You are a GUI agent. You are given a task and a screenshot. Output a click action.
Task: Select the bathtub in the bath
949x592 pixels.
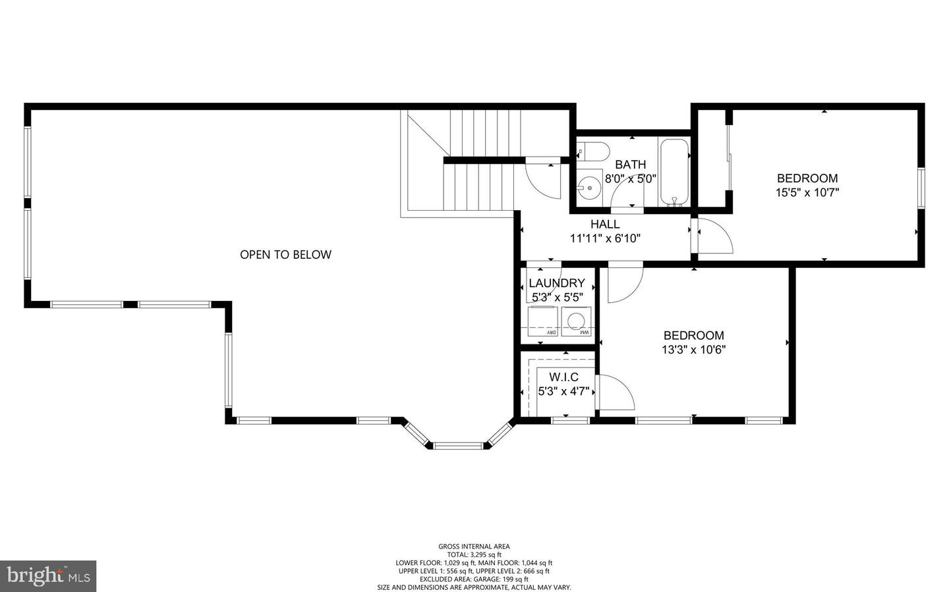pyautogui.click(x=674, y=171)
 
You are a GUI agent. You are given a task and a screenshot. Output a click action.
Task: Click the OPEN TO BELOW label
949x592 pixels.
pyautogui.click(x=285, y=255)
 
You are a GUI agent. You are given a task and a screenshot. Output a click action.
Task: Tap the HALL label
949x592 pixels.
pyautogui.click(x=604, y=225)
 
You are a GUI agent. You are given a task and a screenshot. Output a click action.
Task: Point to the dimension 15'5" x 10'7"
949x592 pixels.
pyautogui.click(x=807, y=193)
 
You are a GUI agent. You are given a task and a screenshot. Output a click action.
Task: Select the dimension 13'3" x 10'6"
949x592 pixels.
pyautogui.click(x=693, y=350)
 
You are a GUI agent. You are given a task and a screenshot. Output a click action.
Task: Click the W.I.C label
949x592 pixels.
pyautogui.click(x=563, y=377)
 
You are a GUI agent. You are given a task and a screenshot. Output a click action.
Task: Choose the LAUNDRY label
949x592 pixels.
pyautogui.click(x=557, y=283)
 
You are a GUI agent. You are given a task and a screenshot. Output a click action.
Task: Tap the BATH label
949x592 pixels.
pyautogui.click(x=631, y=165)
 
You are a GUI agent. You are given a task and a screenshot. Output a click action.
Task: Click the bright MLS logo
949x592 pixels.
pyautogui.click(x=48, y=576)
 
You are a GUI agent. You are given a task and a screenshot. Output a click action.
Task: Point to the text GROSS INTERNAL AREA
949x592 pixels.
pyautogui.click(x=474, y=546)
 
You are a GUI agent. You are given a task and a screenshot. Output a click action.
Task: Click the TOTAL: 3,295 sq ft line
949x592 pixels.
pyautogui.click(x=474, y=554)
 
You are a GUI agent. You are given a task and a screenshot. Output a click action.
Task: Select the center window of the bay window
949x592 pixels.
pyautogui.click(x=459, y=446)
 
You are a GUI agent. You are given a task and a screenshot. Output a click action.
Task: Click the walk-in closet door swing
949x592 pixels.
pyautogui.click(x=614, y=393)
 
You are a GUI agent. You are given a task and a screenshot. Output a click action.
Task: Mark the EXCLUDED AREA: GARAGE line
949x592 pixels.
pyautogui.click(x=474, y=579)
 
